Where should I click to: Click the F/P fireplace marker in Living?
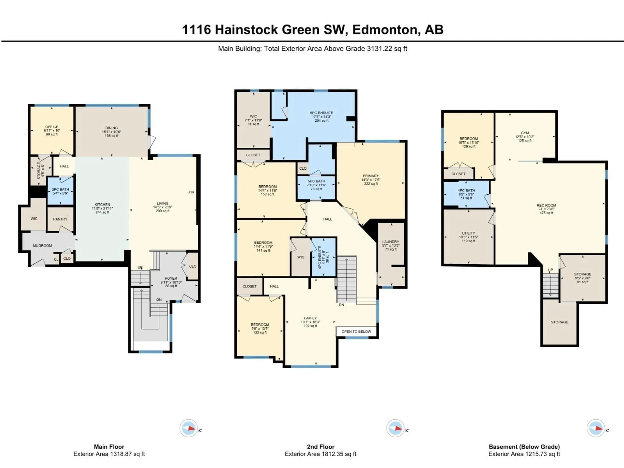[x=191, y=193]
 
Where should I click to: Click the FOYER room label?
[x=171, y=278]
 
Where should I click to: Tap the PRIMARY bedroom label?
[x=371, y=176]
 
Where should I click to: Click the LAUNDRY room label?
[x=390, y=242]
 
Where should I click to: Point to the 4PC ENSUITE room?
[x=323, y=257]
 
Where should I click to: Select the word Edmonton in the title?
[x=385, y=30]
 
